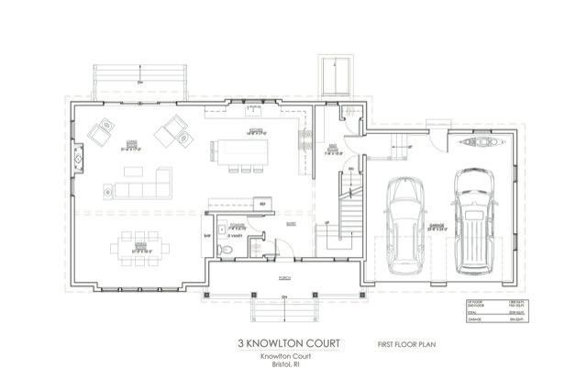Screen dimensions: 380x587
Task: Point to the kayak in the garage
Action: pos(480,143)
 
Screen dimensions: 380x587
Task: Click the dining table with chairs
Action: pos(139,246)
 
